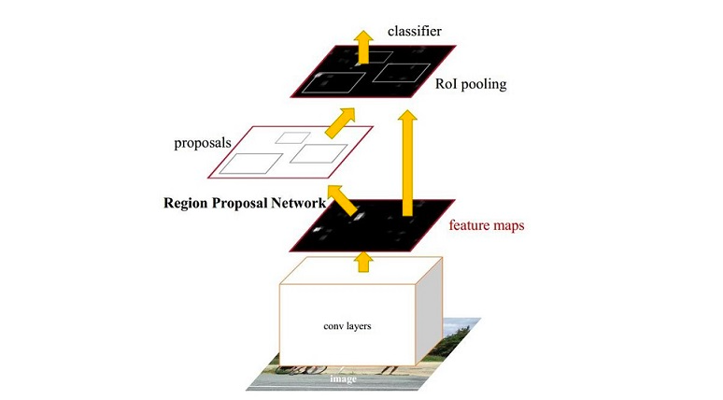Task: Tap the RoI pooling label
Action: [471, 84]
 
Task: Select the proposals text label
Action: [204, 145]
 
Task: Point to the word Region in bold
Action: [188, 203]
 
